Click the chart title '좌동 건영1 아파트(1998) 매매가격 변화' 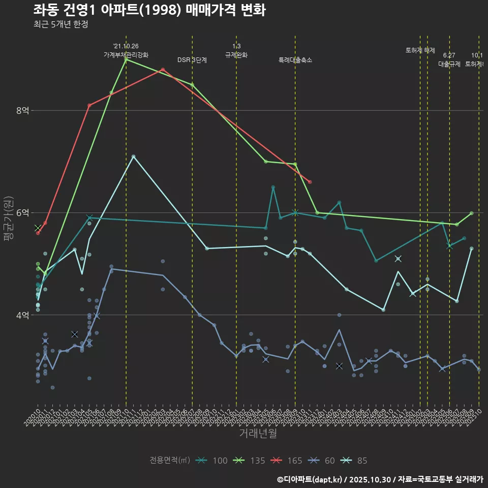(x=149, y=10)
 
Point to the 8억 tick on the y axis (x=23, y=110)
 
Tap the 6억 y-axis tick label (x=23, y=212)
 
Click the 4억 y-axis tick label (x=23, y=315)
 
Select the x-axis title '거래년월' (x=258, y=433)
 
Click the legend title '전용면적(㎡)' (x=170, y=461)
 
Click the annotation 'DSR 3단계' (x=192, y=60)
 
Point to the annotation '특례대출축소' (x=295, y=60)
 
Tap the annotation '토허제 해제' (x=420, y=50)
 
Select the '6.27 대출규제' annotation (x=449, y=60)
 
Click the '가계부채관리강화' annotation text (x=126, y=55)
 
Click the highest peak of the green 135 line (x=126, y=59)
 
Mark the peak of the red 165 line (x=163, y=70)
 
